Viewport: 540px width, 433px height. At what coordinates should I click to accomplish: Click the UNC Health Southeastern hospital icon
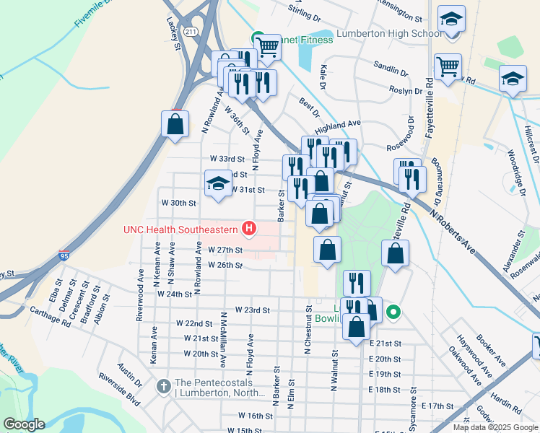coord(250,229)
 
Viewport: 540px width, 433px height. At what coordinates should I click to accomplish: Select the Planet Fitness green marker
coord(256,38)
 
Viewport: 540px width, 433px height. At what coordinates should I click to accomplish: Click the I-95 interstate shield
coord(65,255)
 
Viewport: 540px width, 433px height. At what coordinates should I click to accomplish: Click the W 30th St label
coord(178,203)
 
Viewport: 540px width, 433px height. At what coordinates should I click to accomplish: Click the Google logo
coord(25,424)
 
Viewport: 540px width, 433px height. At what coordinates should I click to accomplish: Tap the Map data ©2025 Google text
coord(495,427)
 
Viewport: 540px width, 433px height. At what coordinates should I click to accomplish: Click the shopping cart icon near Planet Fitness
coord(269,47)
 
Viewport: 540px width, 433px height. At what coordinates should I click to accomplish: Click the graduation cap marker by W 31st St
coord(218,183)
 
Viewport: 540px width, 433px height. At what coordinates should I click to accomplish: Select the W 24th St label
coord(175,294)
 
